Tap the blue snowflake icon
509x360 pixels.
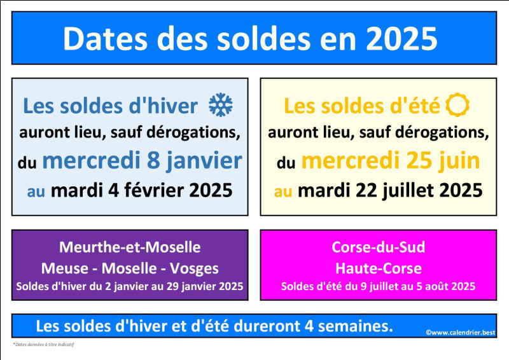click(x=221, y=105)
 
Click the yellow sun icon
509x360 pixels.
click(x=457, y=105)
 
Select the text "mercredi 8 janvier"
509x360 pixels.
click(x=142, y=162)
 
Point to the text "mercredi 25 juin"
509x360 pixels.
click(x=391, y=162)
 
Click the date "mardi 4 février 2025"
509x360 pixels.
click(x=141, y=190)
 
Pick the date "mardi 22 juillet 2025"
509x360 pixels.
click(x=390, y=190)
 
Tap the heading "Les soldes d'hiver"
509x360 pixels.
click(x=110, y=106)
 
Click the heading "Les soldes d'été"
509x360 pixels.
click(x=362, y=106)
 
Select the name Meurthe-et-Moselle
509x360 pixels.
click(x=130, y=247)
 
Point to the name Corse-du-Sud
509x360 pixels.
click(x=378, y=247)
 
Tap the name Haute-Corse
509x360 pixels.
click(x=378, y=268)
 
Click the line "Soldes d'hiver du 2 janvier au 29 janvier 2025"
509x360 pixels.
click(x=130, y=286)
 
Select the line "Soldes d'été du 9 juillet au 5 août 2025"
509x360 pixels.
click(x=378, y=286)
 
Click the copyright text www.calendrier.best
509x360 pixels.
click(x=461, y=333)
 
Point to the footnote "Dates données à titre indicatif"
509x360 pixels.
click(x=43, y=345)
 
